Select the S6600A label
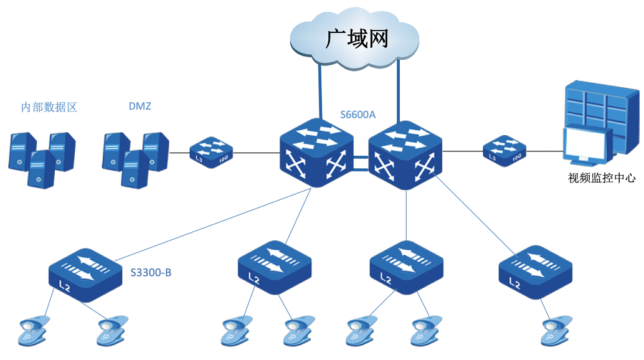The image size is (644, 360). point(358,115)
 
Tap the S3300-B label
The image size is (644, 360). point(151,272)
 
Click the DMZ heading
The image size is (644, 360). point(140,107)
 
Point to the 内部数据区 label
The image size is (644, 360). point(49,107)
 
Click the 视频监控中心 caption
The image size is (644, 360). point(602,178)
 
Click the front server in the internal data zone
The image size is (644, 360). point(40,169)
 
